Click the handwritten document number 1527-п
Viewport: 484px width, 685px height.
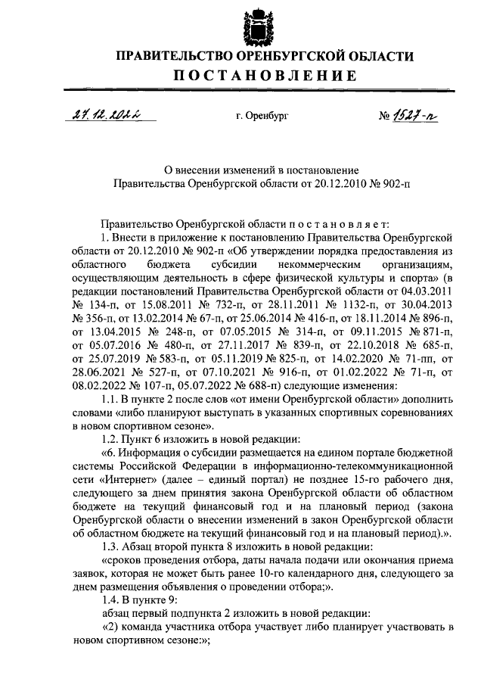[x=415, y=115]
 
